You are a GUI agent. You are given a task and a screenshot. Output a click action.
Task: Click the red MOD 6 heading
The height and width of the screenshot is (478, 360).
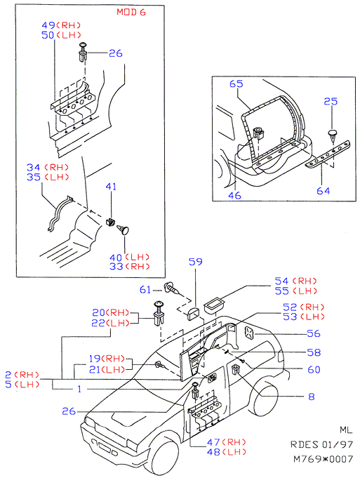tap(131, 12)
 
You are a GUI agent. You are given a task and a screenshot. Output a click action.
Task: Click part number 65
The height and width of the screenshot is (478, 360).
tap(236, 84)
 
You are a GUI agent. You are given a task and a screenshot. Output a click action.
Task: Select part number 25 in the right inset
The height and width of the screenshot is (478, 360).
tap(331, 101)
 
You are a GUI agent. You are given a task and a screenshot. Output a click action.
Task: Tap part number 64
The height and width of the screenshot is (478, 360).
tap(323, 191)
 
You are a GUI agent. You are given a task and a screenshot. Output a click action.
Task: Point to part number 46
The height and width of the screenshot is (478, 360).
tap(234, 195)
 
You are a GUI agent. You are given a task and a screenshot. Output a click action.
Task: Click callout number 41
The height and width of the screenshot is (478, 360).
tap(111, 186)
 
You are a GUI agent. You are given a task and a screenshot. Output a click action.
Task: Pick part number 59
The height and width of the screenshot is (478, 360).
tap(195, 262)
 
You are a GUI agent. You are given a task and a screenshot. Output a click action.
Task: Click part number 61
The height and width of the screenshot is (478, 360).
tap(145, 289)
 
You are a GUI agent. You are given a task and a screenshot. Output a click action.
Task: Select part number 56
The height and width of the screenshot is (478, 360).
tap(314, 333)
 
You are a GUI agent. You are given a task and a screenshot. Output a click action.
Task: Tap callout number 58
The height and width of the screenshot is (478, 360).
tap(314, 352)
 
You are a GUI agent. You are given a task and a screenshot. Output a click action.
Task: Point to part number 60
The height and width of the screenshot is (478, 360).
tap(314, 369)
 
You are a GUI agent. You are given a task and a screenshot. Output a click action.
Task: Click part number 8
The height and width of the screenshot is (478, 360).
tap(311, 397)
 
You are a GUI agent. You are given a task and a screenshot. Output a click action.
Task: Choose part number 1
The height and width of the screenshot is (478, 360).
tap(79, 389)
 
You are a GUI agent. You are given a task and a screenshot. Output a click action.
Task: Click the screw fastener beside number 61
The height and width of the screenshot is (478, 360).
tap(173, 288)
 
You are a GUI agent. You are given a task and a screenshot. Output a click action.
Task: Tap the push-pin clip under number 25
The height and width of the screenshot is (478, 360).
tap(333, 136)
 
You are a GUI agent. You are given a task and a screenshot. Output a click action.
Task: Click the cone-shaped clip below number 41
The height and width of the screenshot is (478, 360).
tap(123, 229)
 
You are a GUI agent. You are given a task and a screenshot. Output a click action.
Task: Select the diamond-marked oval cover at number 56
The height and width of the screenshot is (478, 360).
tap(249, 333)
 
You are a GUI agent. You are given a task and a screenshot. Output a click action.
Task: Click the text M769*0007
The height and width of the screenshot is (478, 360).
tap(323, 459)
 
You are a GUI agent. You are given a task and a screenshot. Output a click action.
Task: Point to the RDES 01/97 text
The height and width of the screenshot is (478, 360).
tap(321, 444)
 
